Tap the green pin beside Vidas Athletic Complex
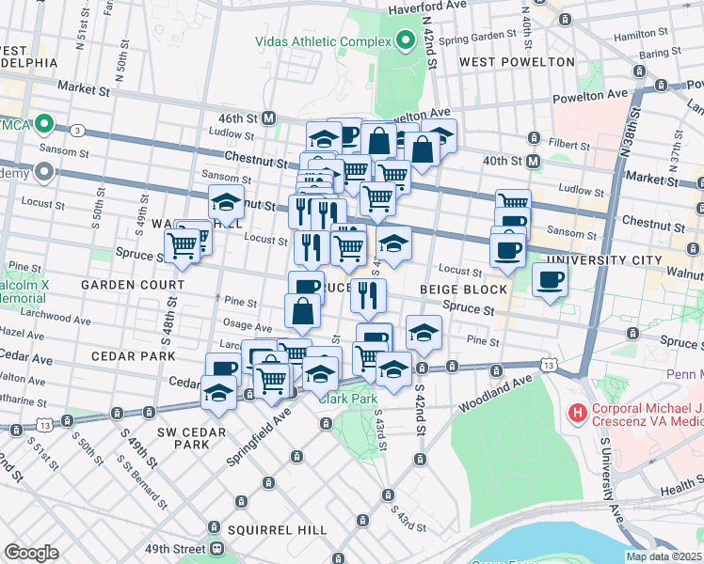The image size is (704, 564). pyautogui.click(x=406, y=40)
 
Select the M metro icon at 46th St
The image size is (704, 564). pyautogui.click(x=269, y=118)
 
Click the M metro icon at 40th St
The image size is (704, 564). pyautogui.click(x=534, y=161)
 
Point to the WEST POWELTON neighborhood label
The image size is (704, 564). pyautogui.click(x=517, y=62)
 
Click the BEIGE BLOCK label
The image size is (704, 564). pyautogui.click(x=463, y=290)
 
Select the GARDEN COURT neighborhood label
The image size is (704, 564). pyautogui.click(x=132, y=284)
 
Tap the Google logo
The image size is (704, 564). pyautogui.click(x=31, y=552)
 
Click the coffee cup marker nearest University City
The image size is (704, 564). pyautogui.click(x=550, y=279)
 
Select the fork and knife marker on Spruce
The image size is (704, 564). pyautogui.click(x=368, y=294)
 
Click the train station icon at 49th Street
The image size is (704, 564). pyautogui.click(x=216, y=548)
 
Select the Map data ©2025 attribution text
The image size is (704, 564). pyautogui.click(x=664, y=556)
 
